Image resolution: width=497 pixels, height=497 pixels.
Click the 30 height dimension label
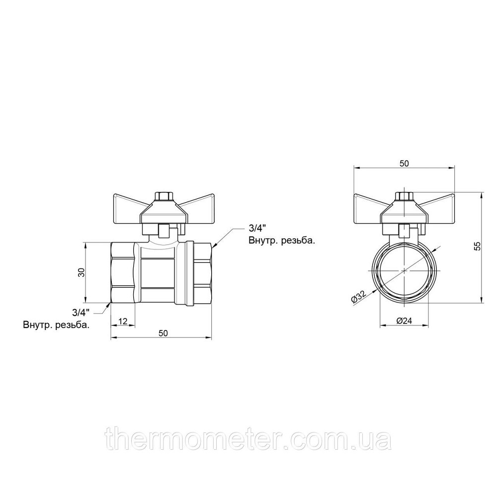click(x=82, y=272)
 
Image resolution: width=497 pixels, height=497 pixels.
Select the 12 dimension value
click(x=123, y=321)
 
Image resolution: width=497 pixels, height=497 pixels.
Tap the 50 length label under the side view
click(x=163, y=333)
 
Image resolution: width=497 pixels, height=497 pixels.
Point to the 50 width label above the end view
click(x=404, y=163)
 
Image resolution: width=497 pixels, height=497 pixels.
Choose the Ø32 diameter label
click(x=359, y=297)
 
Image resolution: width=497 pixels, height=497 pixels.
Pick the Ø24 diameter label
click(x=404, y=321)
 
